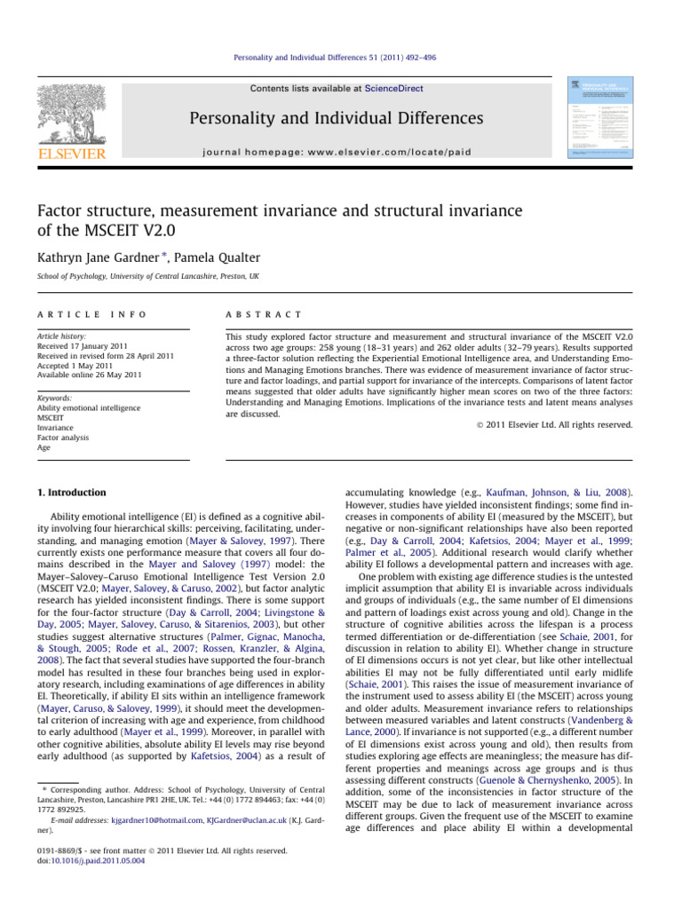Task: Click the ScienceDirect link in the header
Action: [393, 89]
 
